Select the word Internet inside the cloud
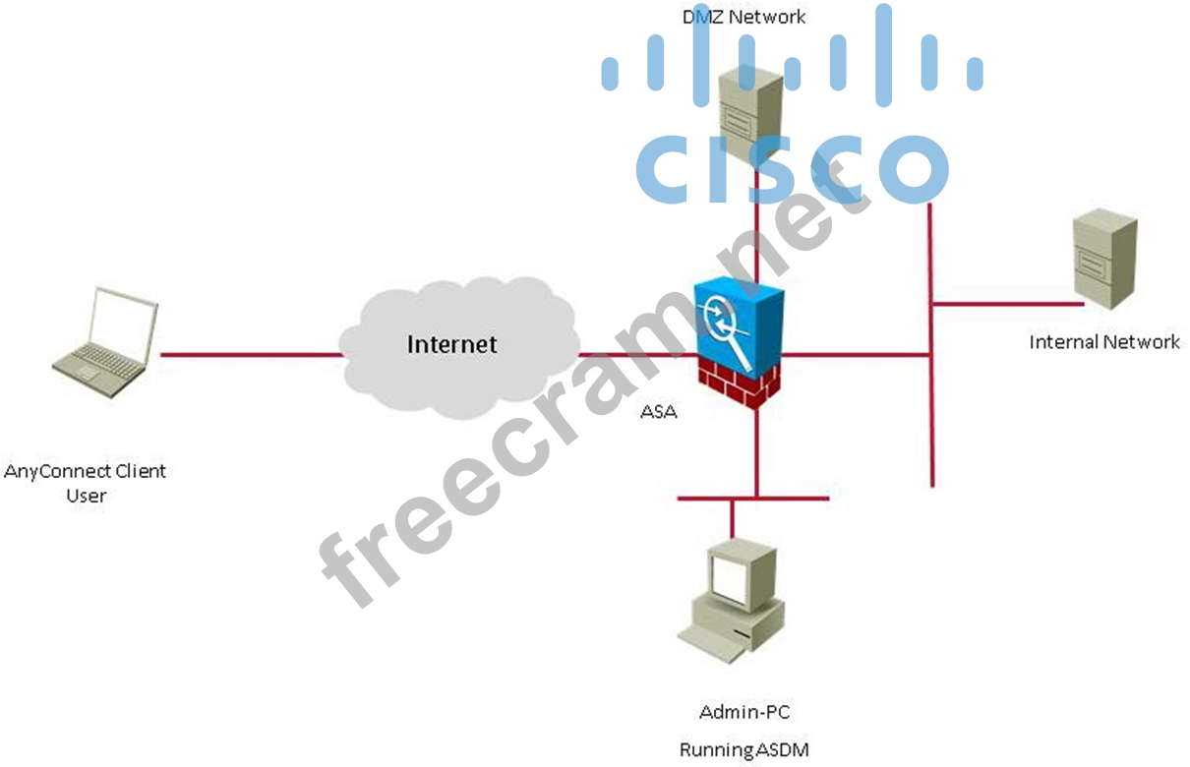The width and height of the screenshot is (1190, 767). point(451,344)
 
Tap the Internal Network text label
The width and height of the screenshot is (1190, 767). point(1103,342)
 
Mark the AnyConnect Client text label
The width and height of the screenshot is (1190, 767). point(85,471)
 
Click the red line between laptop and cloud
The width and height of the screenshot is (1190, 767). point(251,354)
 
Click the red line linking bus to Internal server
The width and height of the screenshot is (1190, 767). point(1003,304)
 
